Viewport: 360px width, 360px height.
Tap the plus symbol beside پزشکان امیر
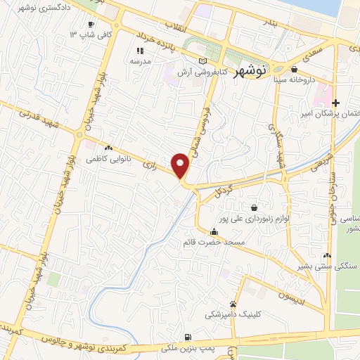pyautogui.click(x=335, y=103)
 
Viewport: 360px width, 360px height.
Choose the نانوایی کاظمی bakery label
pyautogui.click(x=107, y=160)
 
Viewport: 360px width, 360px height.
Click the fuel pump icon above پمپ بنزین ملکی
pyautogui.click(x=187, y=337)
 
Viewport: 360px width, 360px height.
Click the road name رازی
pyautogui.click(x=148, y=167)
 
